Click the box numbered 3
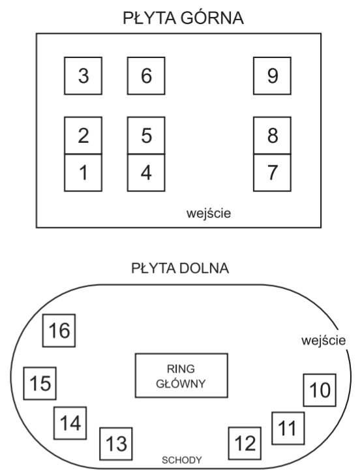[x=83, y=76]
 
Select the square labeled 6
[x=146, y=76]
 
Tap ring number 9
[x=272, y=76]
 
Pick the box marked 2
[x=83, y=136]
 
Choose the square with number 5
[x=146, y=136]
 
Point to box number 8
[x=272, y=136]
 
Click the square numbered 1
[x=83, y=173]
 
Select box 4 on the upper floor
[x=146, y=173]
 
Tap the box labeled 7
[x=272, y=173]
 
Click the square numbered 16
[x=59, y=331]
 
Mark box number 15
[x=40, y=384]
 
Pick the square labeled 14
[x=70, y=423]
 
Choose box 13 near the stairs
[x=116, y=444]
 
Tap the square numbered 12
[x=245, y=444]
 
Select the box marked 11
[x=288, y=428]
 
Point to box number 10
[x=320, y=390]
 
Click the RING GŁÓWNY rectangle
[x=181, y=375]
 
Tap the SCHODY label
[x=182, y=460]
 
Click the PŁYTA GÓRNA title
[x=183, y=18]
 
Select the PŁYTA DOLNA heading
[x=180, y=268]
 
